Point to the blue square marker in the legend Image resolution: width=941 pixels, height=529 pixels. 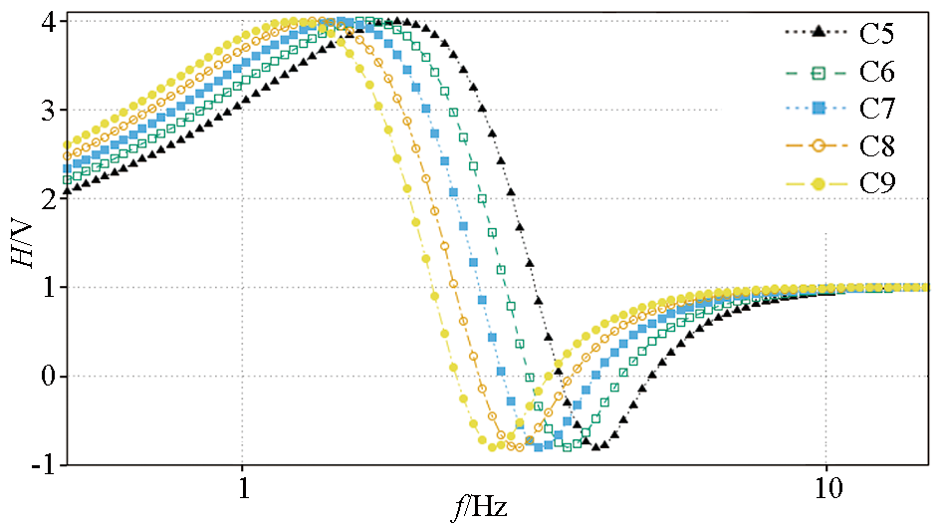coord(819,108)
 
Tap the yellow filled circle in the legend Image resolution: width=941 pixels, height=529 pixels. coord(819,183)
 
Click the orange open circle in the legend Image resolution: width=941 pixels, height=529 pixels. coord(819,145)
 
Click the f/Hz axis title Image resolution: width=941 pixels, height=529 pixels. coord(480,508)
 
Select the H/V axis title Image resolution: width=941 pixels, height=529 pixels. coord(19,242)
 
